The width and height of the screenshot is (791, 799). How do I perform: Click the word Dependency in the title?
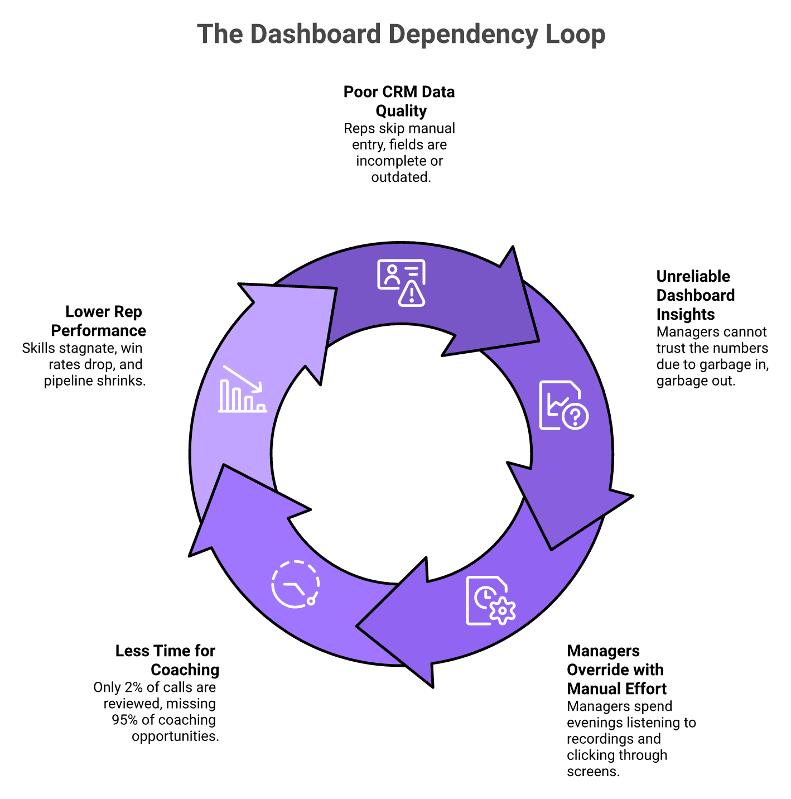coord(464,35)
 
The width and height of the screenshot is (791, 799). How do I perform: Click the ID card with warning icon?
coord(401,282)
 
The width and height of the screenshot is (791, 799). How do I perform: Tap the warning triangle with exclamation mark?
coord(412,295)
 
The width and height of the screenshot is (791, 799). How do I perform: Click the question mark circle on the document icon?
coord(575,416)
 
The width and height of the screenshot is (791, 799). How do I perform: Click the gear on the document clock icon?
coord(503,610)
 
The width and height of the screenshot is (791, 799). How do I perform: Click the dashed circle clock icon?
coord(295,584)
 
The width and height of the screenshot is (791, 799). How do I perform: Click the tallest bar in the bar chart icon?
coord(224,396)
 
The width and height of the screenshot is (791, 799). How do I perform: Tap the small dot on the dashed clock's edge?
coord(311,601)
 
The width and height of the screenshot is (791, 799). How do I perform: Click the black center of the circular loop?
coord(401,453)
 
